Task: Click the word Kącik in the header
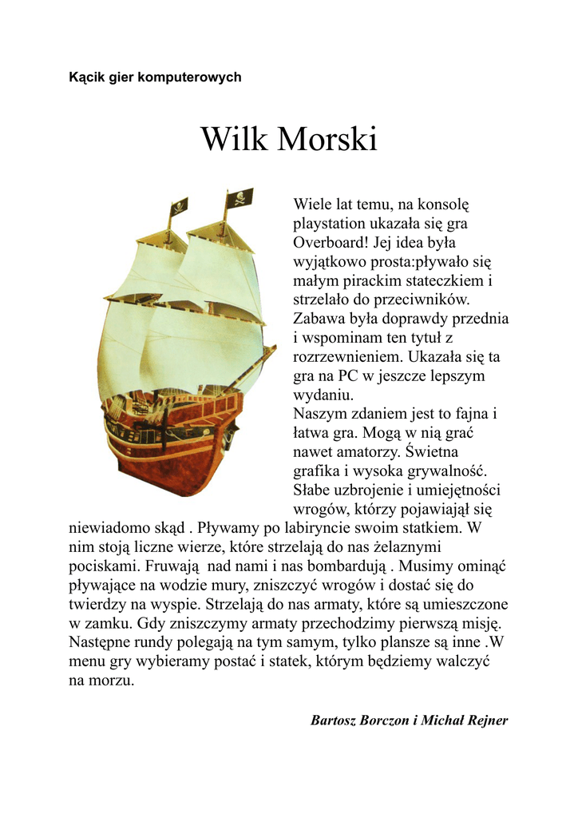tap(86, 77)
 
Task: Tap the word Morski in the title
tap(327, 140)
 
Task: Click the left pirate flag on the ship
tap(179, 206)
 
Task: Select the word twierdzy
tap(98, 605)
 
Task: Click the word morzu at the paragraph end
tap(114, 681)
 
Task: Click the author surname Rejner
tap(485, 721)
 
